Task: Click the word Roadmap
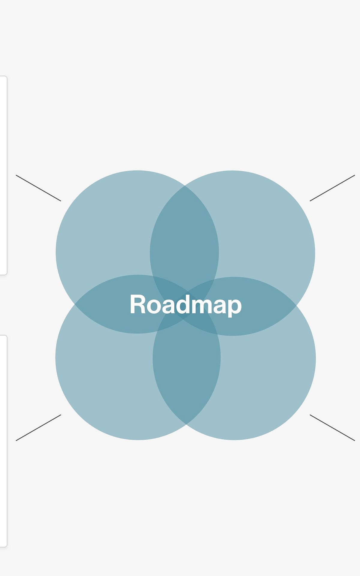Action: (185, 304)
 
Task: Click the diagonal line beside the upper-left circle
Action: (38, 188)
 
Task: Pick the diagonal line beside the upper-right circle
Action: (332, 188)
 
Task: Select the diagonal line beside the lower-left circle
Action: (38, 428)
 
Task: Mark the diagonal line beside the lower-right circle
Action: (332, 428)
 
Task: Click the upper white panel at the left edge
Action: (3, 176)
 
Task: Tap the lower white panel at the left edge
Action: (3, 441)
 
